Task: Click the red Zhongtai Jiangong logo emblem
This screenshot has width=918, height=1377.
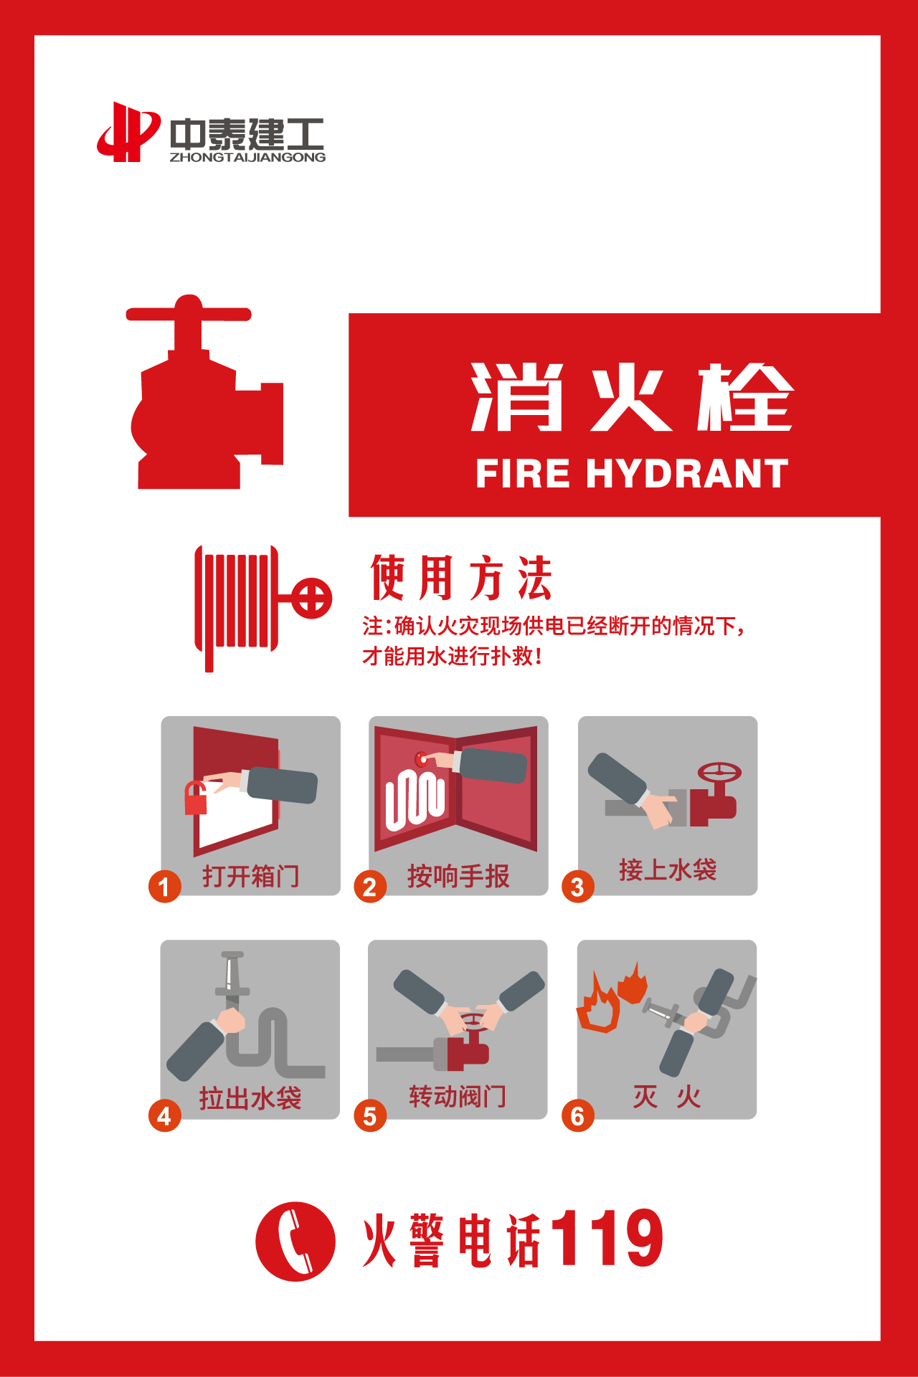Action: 128,132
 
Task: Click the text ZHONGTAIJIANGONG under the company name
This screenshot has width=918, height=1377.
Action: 247,157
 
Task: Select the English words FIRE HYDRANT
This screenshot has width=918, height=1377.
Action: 632,474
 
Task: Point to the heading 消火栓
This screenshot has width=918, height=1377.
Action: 632,396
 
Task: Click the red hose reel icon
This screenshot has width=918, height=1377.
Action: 262,608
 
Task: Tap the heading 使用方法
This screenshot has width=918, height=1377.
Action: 461,577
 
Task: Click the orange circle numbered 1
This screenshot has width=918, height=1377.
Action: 164,887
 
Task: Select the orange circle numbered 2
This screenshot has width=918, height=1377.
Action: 370,887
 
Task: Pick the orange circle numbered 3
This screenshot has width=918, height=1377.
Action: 577,887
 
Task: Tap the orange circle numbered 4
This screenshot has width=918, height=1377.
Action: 164,1116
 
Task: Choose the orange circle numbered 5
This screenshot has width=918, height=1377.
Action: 370,1116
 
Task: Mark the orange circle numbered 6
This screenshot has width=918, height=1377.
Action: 577,1116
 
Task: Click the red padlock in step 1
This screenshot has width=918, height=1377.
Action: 196,799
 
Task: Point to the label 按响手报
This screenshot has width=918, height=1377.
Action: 458,876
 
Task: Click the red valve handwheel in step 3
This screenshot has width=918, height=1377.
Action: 719,773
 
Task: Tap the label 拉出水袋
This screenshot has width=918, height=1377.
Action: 250,1098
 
